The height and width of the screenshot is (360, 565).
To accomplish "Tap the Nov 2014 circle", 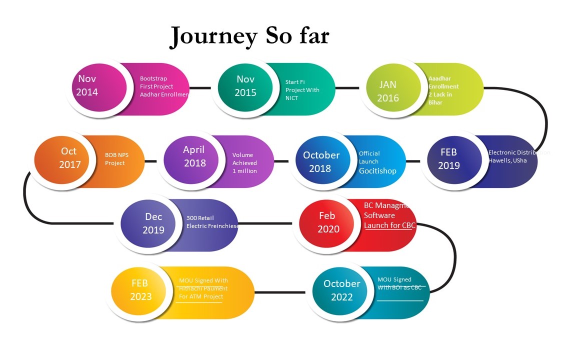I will pyautogui.click(x=95, y=86).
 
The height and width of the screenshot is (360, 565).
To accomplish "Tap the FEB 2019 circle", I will pyautogui.click(x=449, y=159).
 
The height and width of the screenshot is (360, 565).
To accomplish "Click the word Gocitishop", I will pyautogui.click(x=377, y=171).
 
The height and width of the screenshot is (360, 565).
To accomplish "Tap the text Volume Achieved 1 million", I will pyautogui.click(x=245, y=163).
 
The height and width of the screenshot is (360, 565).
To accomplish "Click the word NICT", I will pyautogui.click(x=292, y=98).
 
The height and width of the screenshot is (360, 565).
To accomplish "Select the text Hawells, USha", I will pyautogui.click(x=507, y=160).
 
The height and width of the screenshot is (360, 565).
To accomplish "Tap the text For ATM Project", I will pyautogui.click(x=201, y=296).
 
